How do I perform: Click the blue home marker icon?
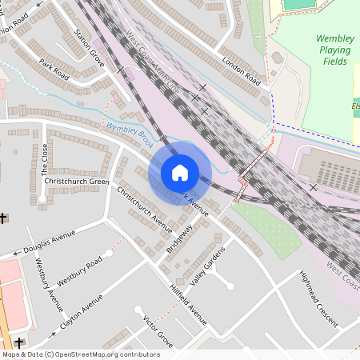(180, 173)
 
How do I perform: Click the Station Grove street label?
(89, 47)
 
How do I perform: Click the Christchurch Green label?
(77, 182)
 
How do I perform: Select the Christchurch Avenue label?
(145, 210)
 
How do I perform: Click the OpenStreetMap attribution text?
(80, 354)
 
